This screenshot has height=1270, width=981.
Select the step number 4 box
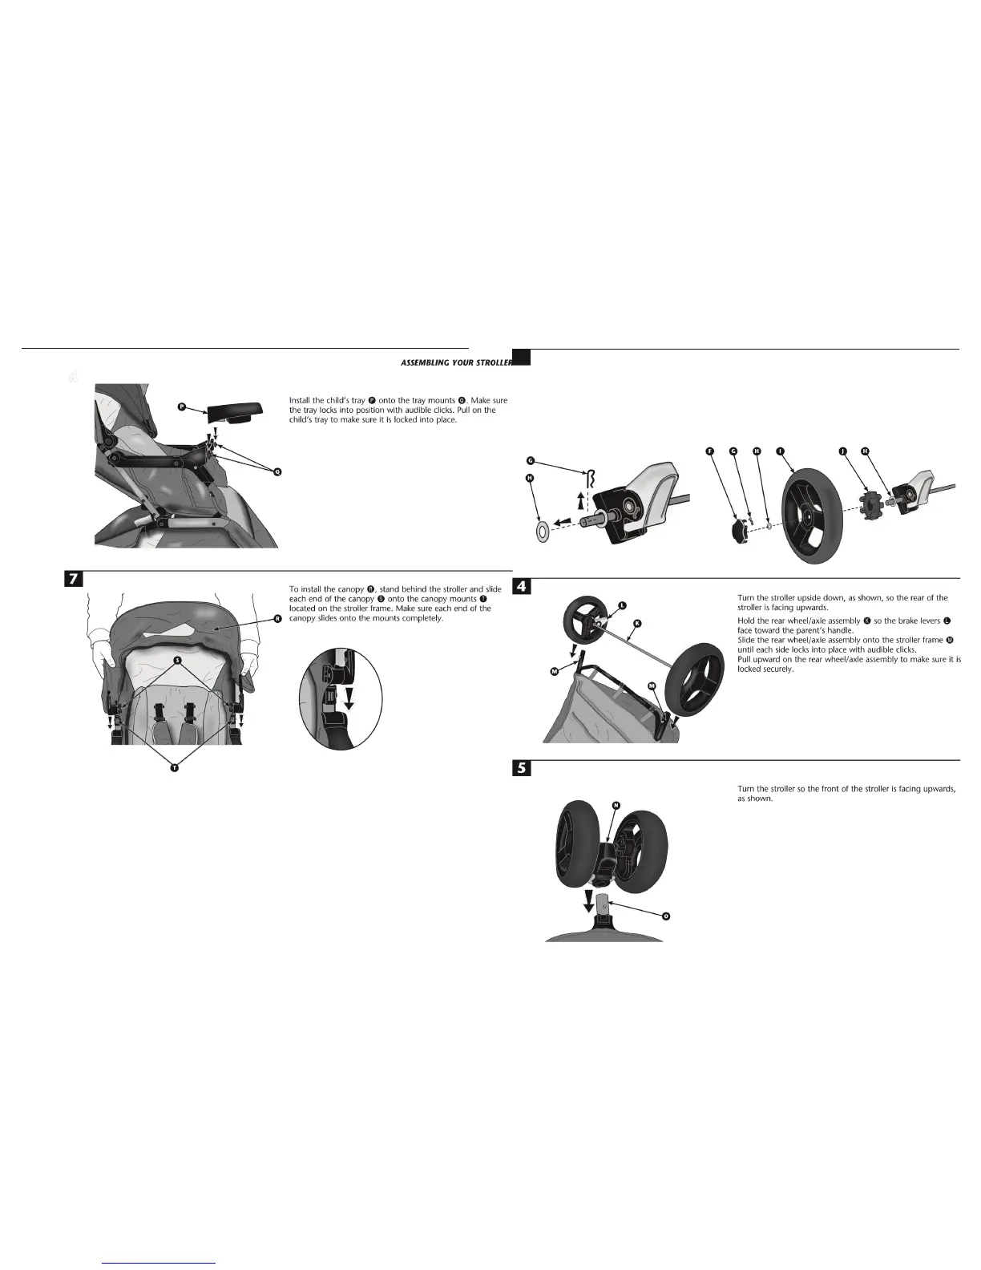(x=521, y=587)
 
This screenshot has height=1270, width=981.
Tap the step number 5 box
(x=521, y=767)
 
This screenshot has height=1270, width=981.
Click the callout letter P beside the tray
(x=182, y=407)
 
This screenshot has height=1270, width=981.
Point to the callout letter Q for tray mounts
(x=277, y=471)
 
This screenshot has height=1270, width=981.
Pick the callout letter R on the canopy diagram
(x=277, y=618)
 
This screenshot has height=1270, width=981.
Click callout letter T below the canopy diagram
(x=174, y=768)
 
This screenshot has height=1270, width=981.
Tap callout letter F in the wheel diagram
(x=709, y=451)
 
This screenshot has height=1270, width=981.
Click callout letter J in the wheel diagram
(x=842, y=451)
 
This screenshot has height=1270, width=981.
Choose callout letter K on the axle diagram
(x=637, y=623)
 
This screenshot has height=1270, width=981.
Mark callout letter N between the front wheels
(x=616, y=804)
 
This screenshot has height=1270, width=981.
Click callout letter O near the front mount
(x=666, y=916)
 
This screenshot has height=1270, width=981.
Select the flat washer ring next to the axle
(x=543, y=528)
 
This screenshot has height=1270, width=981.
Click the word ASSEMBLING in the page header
(x=425, y=363)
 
